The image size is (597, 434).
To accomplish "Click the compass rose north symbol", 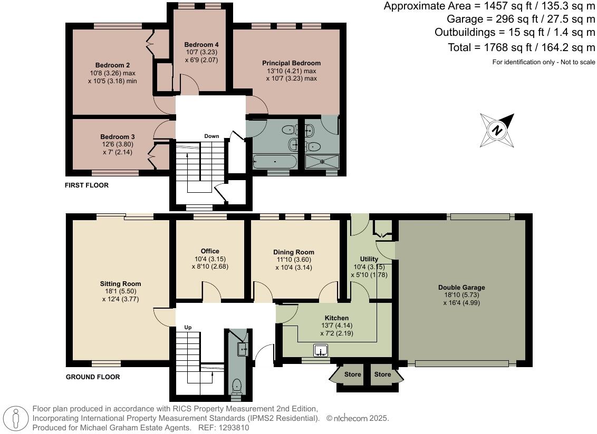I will click(x=497, y=130).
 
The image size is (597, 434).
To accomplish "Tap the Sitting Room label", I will click(x=121, y=284).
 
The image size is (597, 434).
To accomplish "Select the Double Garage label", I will click(x=461, y=288).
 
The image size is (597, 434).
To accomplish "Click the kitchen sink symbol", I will click(x=321, y=350).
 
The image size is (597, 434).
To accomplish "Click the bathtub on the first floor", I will click(x=275, y=161).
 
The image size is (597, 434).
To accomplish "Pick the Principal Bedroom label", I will click(x=291, y=63).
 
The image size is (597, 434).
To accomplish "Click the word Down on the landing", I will click(x=211, y=136).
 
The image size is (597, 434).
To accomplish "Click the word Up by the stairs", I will click(x=188, y=327).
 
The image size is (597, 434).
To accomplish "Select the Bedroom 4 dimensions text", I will click(x=201, y=56).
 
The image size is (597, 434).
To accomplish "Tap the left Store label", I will click(x=353, y=374).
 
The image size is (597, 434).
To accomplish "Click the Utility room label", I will click(x=369, y=259).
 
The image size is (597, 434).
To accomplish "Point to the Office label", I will click(x=209, y=251).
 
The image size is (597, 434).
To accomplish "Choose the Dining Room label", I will click(x=293, y=252).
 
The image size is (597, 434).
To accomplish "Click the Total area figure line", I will click(x=521, y=47).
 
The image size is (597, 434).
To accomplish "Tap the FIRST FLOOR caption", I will click(x=86, y=185).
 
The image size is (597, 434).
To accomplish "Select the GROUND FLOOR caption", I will click(x=93, y=377).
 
